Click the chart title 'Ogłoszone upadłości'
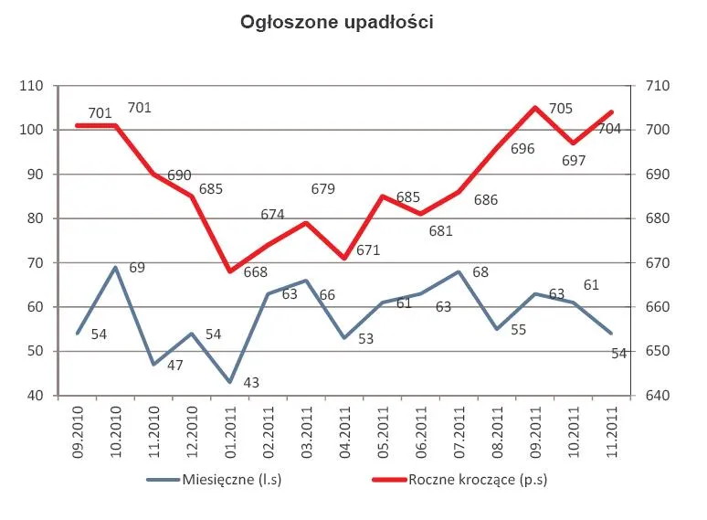pos(335,23)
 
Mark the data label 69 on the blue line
pos(137,268)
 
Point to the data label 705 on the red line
pos(560,109)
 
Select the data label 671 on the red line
pos(368,249)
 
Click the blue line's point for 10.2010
pos(116,267)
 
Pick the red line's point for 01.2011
pos(229,271)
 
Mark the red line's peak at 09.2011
pos(535,108)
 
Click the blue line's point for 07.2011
pos(459,271)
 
